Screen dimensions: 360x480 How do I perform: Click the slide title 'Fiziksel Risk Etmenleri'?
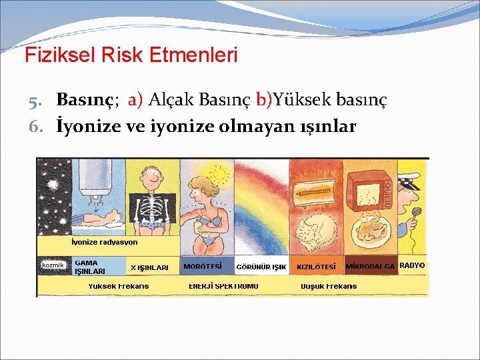pos(131,55)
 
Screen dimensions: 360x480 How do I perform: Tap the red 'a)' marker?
pos(135,100)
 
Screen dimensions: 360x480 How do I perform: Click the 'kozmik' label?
pos(53,265)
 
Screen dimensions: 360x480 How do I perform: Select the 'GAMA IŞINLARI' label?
pos(89,267)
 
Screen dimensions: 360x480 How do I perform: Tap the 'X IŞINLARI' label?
pos(149,267)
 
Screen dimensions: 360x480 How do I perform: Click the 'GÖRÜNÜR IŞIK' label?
pos(261,267)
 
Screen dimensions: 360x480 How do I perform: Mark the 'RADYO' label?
pos(412,265)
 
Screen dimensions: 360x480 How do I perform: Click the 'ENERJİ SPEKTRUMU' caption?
pos(223,286)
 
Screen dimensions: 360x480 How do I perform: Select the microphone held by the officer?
pos(417,213)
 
